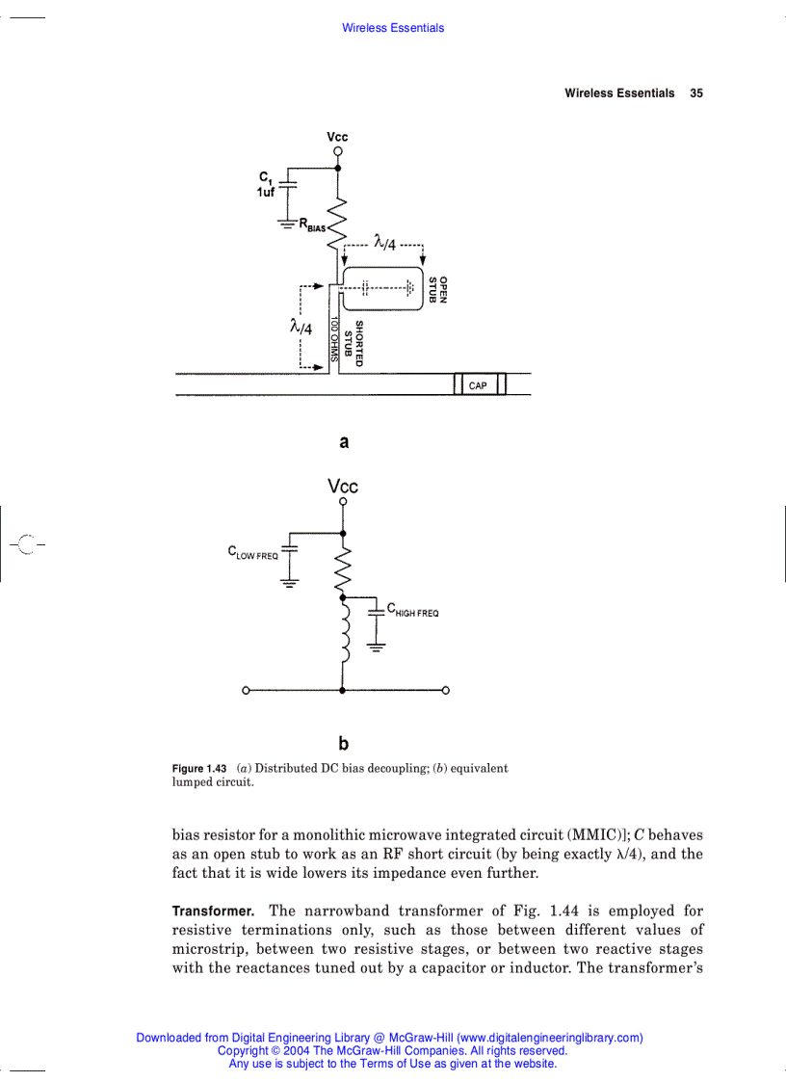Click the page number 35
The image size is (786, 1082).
pyautogui.click(x=696, y=93)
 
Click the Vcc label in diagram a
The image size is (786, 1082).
pyautogui.click(x=337, y=138)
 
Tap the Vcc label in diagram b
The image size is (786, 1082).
pyautogui.click(x=343, y=487)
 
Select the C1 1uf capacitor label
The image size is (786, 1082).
pyautogui.click(x=266, y=184)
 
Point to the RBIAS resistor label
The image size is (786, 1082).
pyautogui.click(x=312, y=225)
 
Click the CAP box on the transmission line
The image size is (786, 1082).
pyautogui.click(x=478, y=385)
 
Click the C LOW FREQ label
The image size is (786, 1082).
pyautogui.click(x=252, y=553)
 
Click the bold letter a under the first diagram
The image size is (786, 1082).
pyautogui.click(x=344, y=442)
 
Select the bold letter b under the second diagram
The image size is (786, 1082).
pyautogui.click(x=344, y=744)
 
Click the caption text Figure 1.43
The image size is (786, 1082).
pyautogui.click(x=198, y=769)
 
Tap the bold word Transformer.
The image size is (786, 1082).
pyautogui.click(x=213, y=910)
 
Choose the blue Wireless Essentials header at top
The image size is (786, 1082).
pyautogui.click(x=393, y=28)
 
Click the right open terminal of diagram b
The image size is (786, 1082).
pyautogui.click(x=446, y=690)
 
